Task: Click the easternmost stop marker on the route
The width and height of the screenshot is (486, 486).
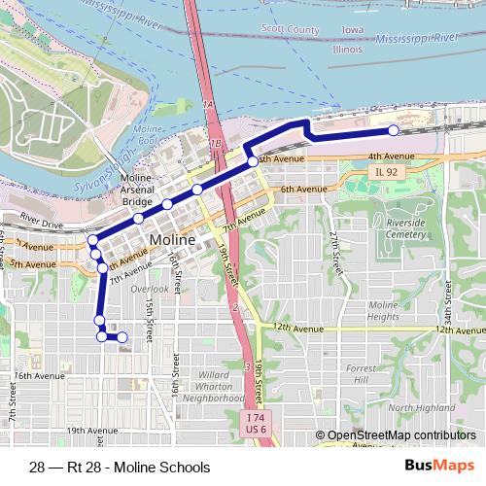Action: pos(394,130)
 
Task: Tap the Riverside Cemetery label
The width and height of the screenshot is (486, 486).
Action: pos(405,228)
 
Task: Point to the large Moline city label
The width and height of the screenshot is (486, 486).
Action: pos(173,239)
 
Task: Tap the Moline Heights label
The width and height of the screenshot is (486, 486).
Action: pos(384,311)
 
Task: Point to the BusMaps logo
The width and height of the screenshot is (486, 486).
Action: pos(439,466)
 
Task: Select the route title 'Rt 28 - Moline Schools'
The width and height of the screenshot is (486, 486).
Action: pos(120,467)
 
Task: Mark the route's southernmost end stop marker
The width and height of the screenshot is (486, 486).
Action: pos(122,337)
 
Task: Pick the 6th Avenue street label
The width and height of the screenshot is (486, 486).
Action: pos(302,189)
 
